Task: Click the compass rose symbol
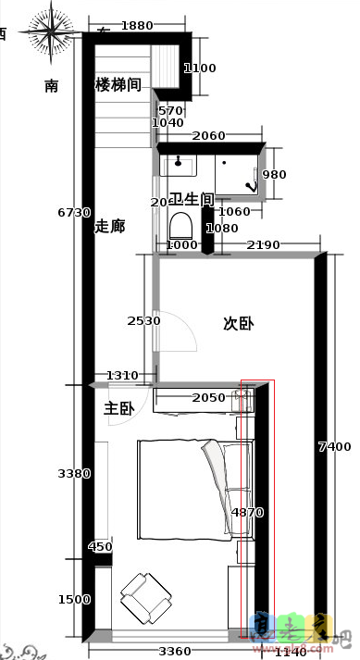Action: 52,36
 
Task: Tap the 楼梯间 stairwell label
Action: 118,85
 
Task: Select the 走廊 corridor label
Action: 109,226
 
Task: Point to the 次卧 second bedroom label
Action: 239,324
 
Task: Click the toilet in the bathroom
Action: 180,226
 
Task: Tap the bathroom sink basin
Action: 178,166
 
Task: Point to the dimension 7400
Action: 334,446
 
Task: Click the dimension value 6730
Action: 74,213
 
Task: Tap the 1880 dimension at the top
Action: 137,27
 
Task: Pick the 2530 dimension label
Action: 144,321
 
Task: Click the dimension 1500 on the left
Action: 74,599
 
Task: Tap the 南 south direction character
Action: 52,86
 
